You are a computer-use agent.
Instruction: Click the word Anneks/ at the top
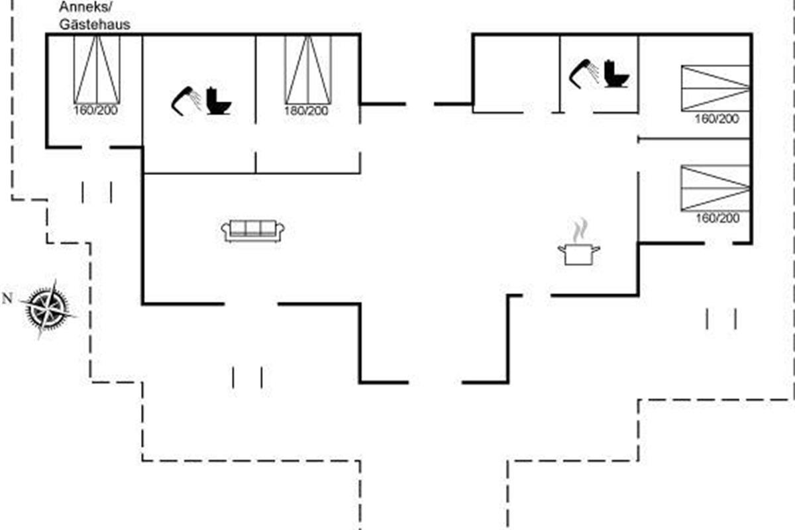(x=85, y=7)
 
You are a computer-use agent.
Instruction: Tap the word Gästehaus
(x=95, y=25)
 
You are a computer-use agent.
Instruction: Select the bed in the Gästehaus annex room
(x=97, y=70)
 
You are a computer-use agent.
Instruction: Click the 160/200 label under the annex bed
(x=95, y=110)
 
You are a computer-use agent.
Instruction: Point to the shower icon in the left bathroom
(x=186, y=101)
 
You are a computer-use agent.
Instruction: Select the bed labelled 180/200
(x=308, y=70)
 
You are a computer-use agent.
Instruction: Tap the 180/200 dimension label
(x=306, y=111)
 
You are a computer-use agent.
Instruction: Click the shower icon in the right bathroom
(x=584, y=74)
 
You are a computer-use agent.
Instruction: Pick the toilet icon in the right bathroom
(x=617, y=74)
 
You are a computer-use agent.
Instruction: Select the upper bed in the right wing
(x=715, y=88)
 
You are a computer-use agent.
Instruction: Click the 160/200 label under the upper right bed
(x=717, y=119)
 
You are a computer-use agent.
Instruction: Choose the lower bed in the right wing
(x=715, y=187)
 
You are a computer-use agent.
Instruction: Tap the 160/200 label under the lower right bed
(x=717, y=218)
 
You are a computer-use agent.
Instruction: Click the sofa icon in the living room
(x=252, y=231)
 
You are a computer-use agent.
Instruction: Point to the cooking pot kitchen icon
(x=579, y=254)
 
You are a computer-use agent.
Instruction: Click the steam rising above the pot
(x=580, y=230)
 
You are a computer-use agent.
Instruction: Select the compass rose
(x=48, y=309)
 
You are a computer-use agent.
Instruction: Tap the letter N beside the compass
(x=7, y=299)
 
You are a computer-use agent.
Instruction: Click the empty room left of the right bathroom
(x=517, y=74)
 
